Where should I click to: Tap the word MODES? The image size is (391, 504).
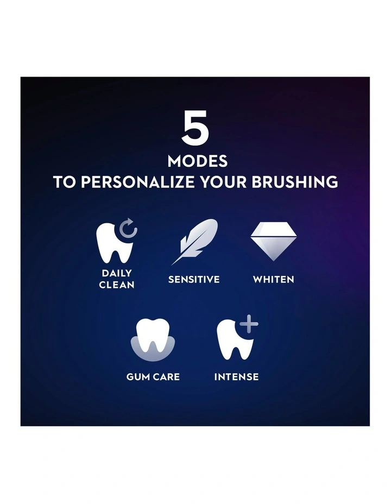point(198,161)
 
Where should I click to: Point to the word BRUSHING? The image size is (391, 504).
point(295,182)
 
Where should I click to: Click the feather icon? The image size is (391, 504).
point(195,242)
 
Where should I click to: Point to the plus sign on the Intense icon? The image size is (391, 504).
point(249,323)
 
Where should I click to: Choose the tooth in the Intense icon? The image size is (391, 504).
point(234,341)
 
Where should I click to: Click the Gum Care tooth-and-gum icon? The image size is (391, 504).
point(153,340)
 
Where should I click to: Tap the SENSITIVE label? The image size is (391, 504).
point(194,279)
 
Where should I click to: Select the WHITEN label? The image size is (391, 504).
point(274,279)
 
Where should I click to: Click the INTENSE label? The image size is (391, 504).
point(236,377)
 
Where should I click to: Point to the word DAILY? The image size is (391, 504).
point(117,273)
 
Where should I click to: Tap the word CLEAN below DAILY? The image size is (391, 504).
point(117,285)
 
